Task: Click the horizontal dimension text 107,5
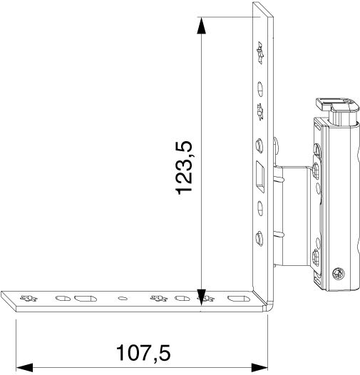[143, 351]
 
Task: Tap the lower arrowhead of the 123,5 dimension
[202, 294]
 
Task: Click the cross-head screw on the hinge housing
[335, 272]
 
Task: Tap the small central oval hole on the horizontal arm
[123, 298]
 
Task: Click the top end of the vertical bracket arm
[262, 6]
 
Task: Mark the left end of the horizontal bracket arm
[6, 300]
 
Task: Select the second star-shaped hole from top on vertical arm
[259, 110]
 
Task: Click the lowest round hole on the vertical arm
[259, 238]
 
